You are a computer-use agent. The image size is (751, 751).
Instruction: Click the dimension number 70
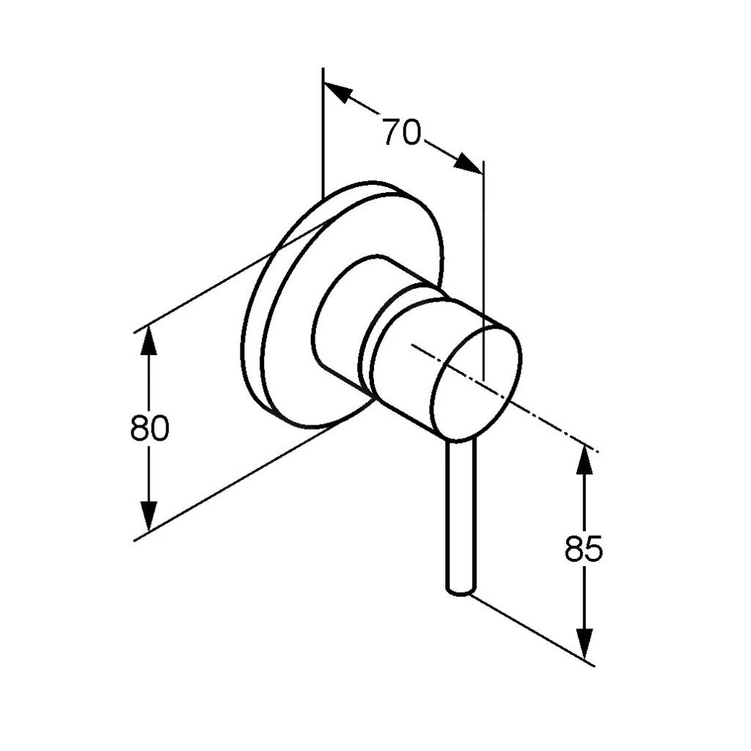402,132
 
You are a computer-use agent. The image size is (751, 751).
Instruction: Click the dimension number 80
150,428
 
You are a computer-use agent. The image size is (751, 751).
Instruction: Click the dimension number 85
583,549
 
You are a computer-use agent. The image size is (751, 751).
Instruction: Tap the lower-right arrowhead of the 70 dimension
468,164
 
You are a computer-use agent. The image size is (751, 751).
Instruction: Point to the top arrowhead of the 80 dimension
149,340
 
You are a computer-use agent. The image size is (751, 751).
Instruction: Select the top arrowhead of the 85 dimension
584,460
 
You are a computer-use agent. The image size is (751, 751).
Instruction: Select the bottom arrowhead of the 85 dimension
584,642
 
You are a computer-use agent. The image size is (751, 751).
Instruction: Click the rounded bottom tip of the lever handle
462,592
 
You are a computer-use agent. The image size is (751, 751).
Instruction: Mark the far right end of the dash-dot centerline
598,451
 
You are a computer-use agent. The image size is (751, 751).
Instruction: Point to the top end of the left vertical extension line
323,68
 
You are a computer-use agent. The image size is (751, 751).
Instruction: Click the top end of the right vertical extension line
484,161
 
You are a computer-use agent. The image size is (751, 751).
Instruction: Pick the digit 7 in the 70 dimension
392,132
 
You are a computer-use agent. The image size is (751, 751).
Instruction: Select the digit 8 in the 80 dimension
139,428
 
